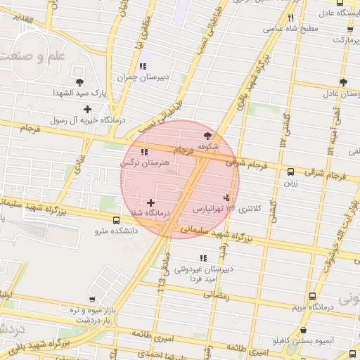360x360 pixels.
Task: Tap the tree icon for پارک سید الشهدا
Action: pyautogui.click(x=79, y=82)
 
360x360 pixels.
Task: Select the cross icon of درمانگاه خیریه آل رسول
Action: pyautogui.click(x=87, y=109)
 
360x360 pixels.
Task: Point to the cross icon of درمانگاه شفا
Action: pyautogui.click(x=150, y=202)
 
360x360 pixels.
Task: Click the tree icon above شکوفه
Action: pyautogui.click(x=207, y=136)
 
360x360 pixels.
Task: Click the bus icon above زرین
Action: pyautogui.click(x=290, y=172)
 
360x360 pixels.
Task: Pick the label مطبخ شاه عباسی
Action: pyautogui.click(x=291, y=30)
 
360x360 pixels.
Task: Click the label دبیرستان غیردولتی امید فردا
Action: pyautogui.click(x=203, y=274)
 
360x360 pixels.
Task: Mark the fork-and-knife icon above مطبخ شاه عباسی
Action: pyautogui.click(x=290, y=18)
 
